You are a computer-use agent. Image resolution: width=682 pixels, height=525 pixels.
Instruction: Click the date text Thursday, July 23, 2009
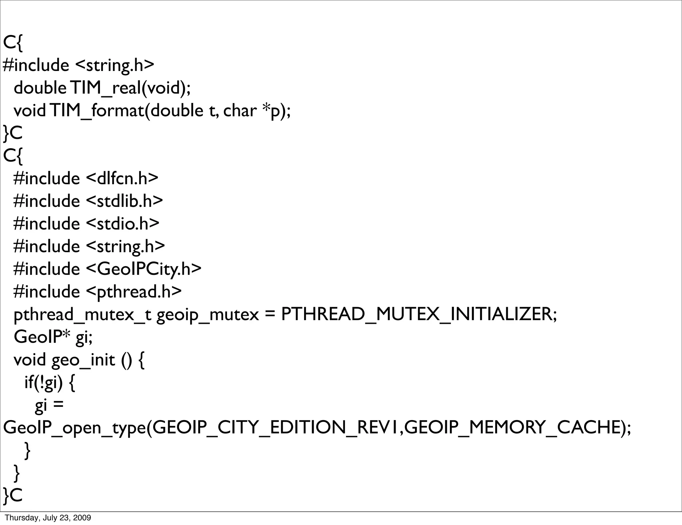48,518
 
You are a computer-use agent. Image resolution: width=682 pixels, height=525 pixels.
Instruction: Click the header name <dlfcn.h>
122,178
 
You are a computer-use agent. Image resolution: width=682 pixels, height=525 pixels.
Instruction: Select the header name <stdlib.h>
124,201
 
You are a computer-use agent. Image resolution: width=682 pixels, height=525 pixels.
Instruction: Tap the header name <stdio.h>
123,224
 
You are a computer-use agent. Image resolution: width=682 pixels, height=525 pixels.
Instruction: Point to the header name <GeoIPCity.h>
144,269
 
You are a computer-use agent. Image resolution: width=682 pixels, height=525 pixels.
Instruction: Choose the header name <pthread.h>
134,292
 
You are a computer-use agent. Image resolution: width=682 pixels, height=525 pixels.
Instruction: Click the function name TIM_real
106,88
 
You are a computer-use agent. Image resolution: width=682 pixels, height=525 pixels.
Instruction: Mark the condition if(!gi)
44,383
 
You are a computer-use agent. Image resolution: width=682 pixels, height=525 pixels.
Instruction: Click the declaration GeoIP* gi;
53,337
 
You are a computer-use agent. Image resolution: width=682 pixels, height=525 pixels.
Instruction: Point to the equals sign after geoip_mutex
270,314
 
